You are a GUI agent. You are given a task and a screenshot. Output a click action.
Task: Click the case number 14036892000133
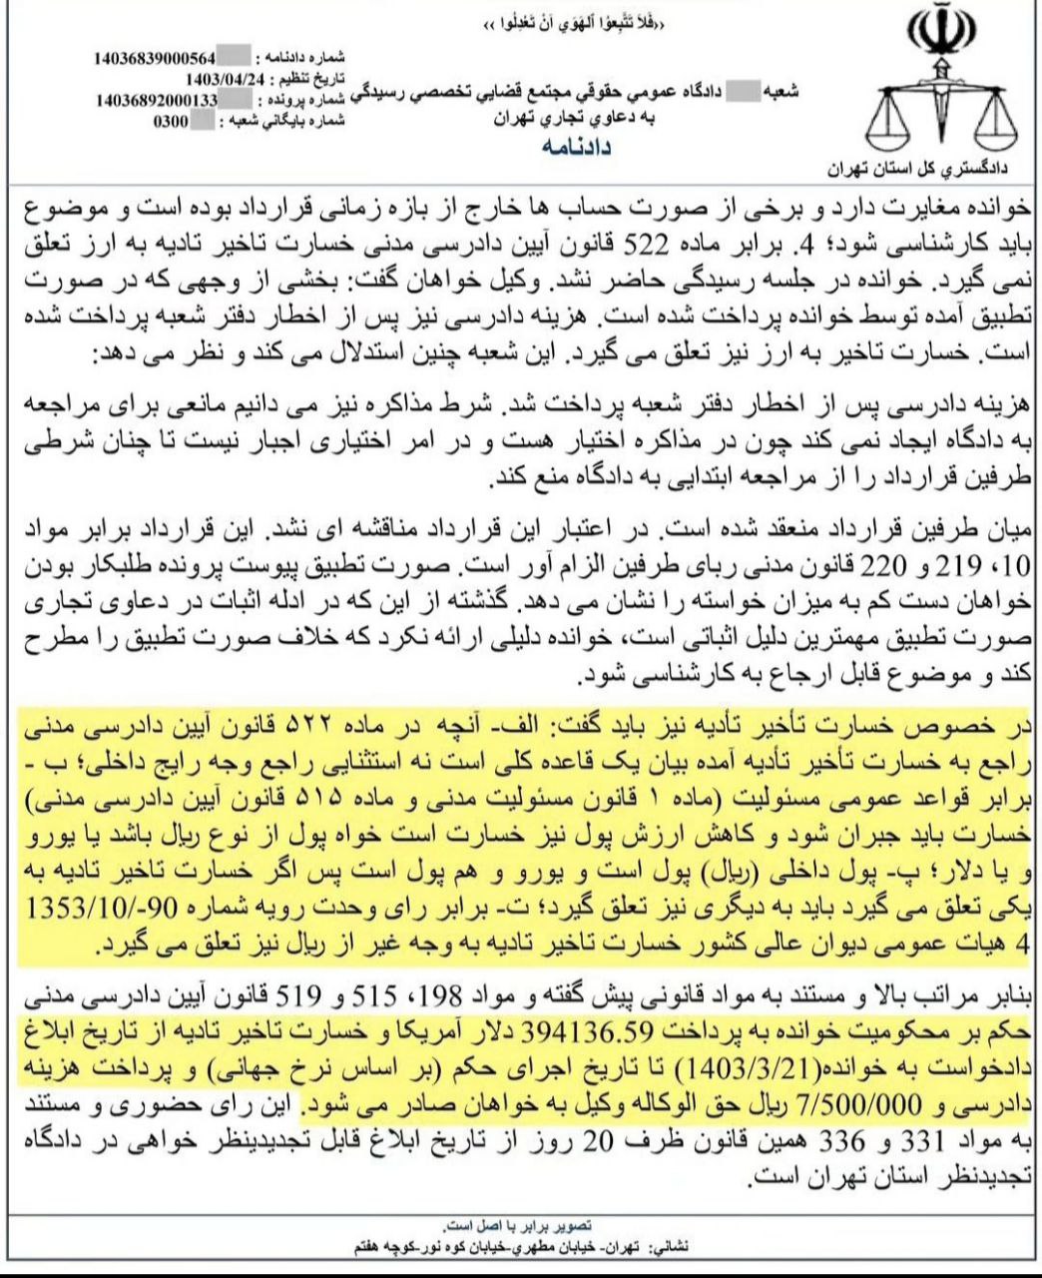158,100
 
